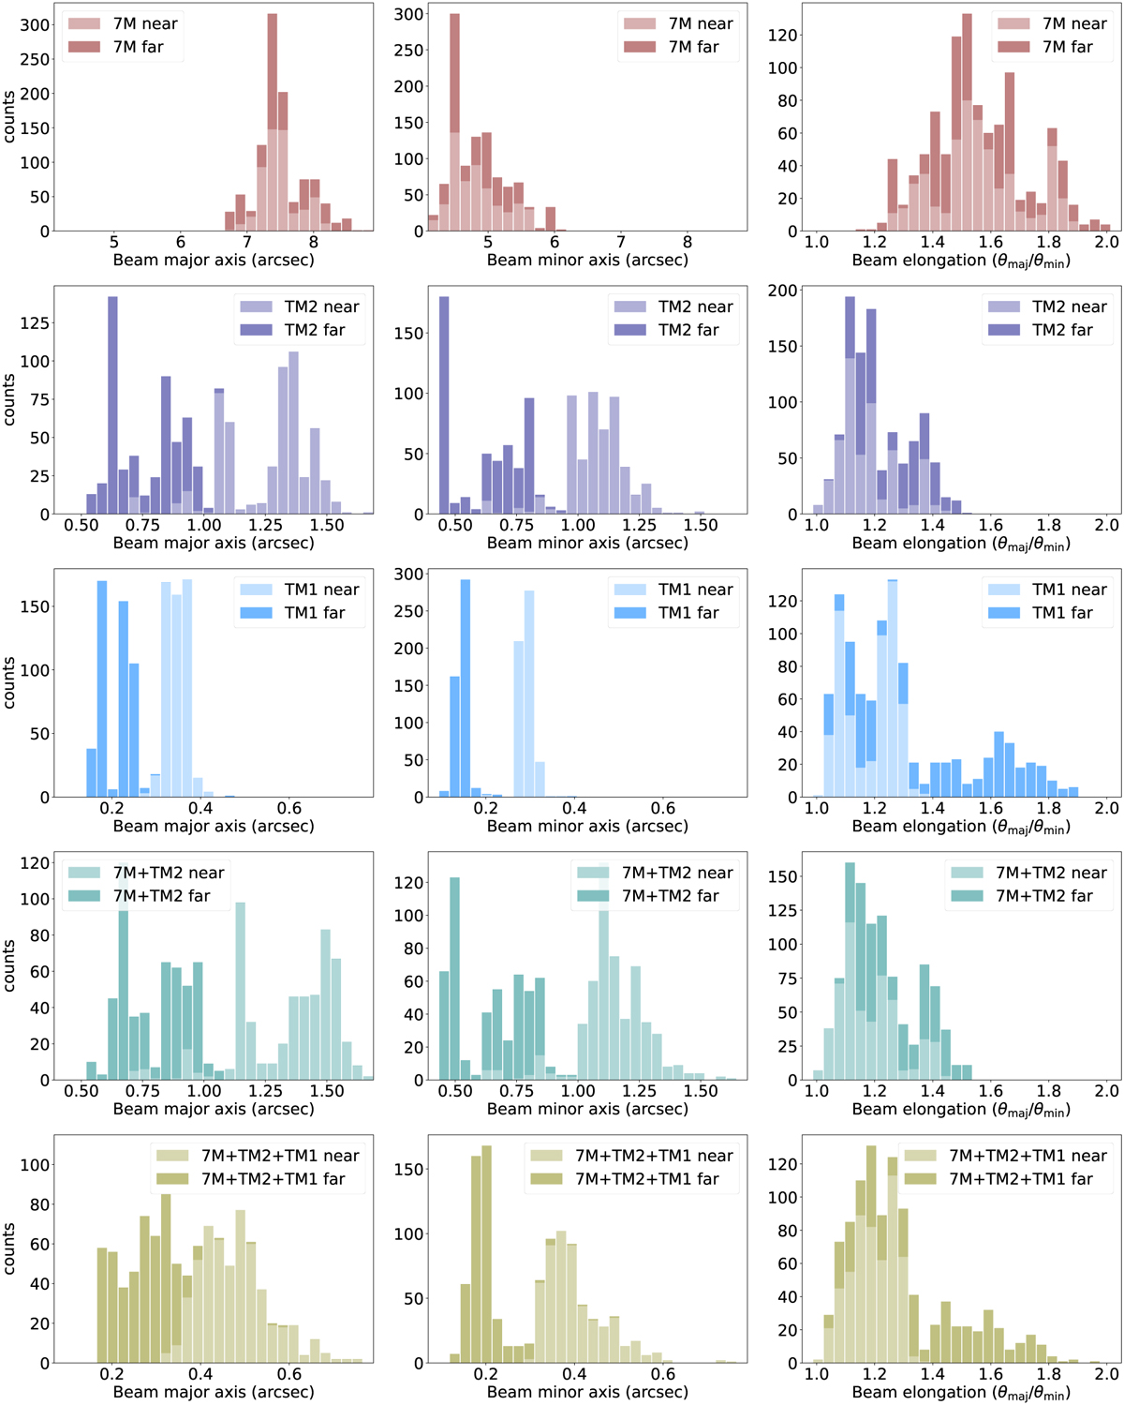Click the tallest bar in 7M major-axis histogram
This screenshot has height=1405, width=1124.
273,122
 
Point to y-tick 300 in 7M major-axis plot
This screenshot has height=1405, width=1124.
35,25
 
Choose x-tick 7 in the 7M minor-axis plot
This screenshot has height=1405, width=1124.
621,242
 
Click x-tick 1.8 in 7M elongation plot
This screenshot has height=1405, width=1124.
1049,242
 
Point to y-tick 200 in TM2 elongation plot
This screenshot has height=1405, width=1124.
783,291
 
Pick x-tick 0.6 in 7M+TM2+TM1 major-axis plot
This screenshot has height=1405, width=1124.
289,1374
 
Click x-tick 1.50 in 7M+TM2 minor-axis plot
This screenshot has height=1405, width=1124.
701,1091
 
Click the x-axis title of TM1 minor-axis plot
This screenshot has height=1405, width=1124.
587,826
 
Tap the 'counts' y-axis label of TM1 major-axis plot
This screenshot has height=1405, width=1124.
9,682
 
